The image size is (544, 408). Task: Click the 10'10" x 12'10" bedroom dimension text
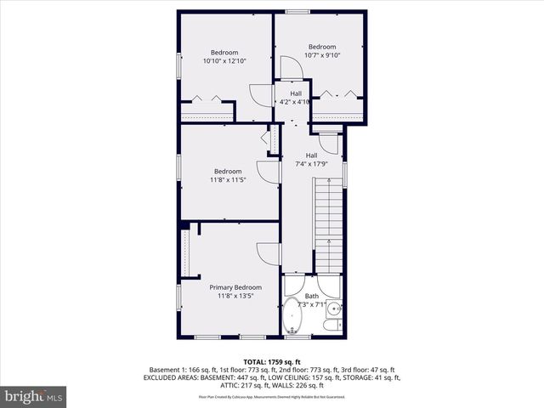click(224, 61)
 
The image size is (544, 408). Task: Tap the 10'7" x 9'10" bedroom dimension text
click(322, 56)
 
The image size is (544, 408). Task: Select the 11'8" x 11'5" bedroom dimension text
click(227, 180)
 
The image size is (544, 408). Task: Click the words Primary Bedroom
click(235, 287)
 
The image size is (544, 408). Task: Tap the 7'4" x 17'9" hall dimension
click(312, 165)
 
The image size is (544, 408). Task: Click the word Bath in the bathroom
click(311, 296)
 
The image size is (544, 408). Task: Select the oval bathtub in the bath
click(294, 316)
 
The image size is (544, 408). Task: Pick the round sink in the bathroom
click(335, 309)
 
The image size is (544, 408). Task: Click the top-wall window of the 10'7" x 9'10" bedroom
click(297, 12)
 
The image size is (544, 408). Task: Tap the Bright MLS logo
click(34, 397)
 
